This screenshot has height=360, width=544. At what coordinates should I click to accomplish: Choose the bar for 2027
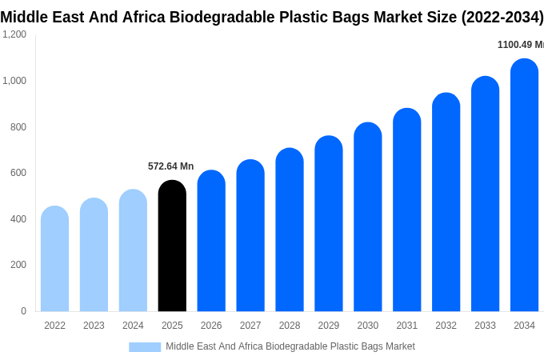250,235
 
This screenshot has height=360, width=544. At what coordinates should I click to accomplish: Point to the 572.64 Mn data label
170,166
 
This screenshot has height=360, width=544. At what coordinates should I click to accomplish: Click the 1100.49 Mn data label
521,45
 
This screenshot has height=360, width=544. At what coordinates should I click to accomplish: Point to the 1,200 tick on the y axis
14,34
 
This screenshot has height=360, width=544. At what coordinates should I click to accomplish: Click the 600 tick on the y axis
18,173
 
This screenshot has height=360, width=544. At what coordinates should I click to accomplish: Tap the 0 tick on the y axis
23,311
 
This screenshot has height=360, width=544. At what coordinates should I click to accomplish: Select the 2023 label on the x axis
94,326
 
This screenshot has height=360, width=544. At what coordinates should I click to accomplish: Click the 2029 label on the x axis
329,326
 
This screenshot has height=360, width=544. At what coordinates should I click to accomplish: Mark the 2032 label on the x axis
446,326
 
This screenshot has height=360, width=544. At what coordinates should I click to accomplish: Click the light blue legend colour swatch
145,347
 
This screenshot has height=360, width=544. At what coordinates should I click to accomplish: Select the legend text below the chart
290,346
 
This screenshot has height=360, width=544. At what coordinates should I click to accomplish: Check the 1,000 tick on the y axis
14,81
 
